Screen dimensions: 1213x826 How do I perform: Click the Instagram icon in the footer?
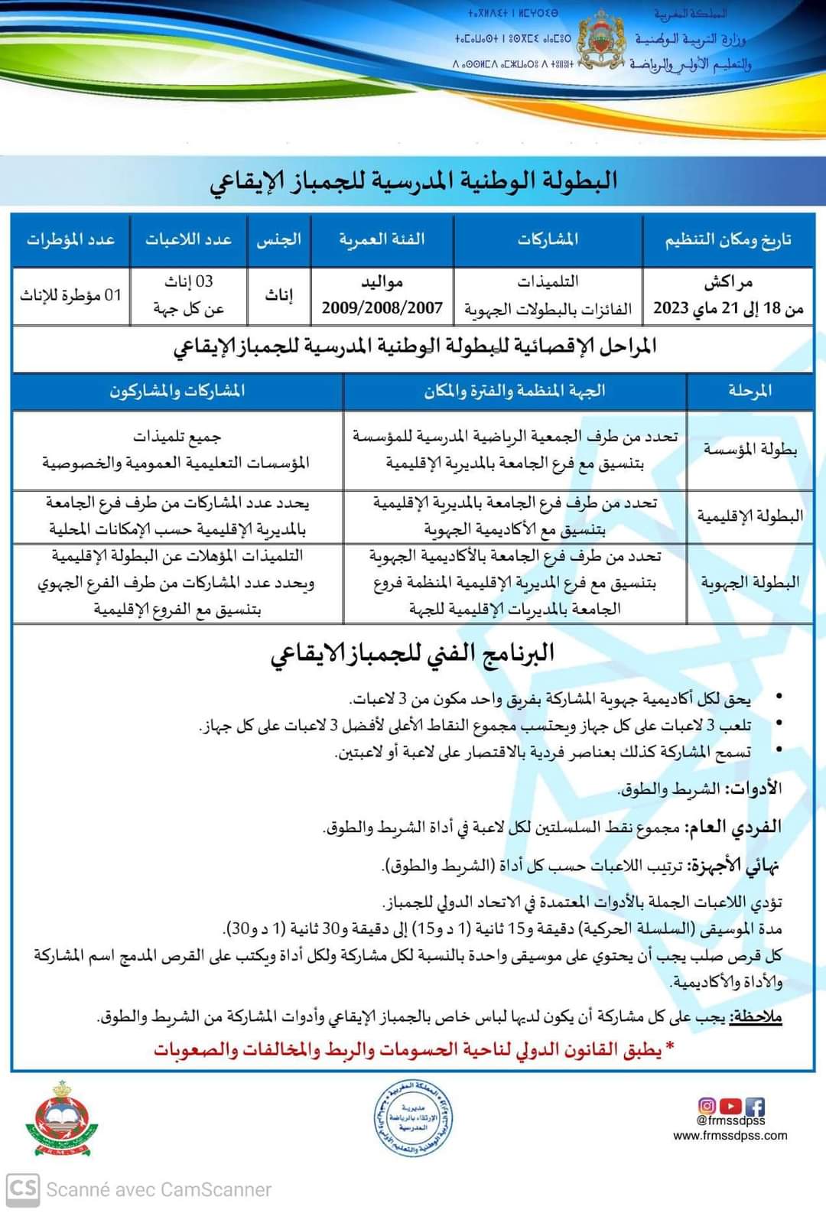click(x=707, y=1106)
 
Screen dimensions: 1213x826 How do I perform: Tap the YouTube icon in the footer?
click(x=731, y=1106)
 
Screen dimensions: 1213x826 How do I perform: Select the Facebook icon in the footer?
click(x=755, y=1106)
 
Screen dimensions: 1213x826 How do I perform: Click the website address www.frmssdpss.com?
click(x=730, y=1135)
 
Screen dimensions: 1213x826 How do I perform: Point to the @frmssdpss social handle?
click(x=730, y=1120)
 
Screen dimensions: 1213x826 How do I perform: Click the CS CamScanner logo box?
click(x=22, y=1189)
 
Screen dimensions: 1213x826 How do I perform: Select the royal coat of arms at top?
click(x=604, y=42)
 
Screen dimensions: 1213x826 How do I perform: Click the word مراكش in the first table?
click(x=728, y=282)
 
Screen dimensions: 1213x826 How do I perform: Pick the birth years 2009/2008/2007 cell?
click(x=382, y=307)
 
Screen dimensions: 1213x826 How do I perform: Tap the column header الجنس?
click(x=278, y=239)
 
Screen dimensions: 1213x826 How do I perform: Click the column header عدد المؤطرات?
click(x=70, y=239)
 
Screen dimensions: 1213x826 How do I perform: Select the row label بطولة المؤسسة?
click(x=750, y=450)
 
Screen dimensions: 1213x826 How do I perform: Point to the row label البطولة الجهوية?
click(x=750, y=582)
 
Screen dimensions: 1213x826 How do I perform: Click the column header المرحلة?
click(x=750, y=391)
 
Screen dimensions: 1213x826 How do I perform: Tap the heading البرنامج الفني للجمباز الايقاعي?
click(x=413, y=654)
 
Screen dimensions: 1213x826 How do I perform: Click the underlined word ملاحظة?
click(x=756, y=1017)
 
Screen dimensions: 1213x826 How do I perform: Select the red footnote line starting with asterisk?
click(x=413, y=1049)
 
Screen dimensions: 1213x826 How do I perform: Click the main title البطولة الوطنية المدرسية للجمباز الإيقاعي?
click(x=413, y=181)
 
